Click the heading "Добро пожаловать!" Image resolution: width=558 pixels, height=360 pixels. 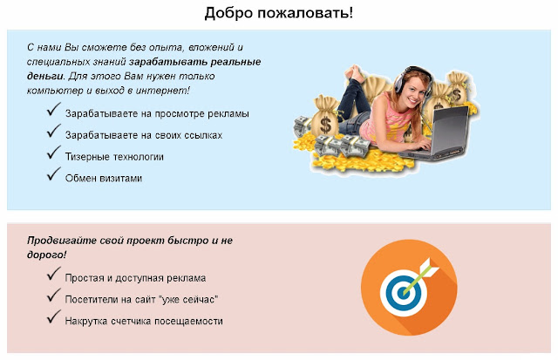tap(279, 13)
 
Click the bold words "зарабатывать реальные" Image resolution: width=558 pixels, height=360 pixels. tap(194, 62)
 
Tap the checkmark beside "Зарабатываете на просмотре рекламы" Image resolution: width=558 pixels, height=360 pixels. tap(53, 109)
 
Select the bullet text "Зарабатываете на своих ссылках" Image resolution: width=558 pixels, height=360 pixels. tap(144, 135)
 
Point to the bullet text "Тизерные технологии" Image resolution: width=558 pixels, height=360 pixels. tap(114, 157)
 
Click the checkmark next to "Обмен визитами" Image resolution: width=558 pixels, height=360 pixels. tap(53, 174)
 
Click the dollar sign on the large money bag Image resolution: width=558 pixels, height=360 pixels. tap(325, 124)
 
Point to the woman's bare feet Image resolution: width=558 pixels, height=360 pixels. tap(356, 72)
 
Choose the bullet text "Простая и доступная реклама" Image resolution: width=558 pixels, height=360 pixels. tap(135, 278)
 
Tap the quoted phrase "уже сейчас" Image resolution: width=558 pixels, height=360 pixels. tap(190, 300)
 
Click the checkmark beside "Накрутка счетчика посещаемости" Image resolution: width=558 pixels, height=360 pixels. tap(53, 316)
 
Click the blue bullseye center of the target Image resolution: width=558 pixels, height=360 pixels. tap(403, 293)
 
